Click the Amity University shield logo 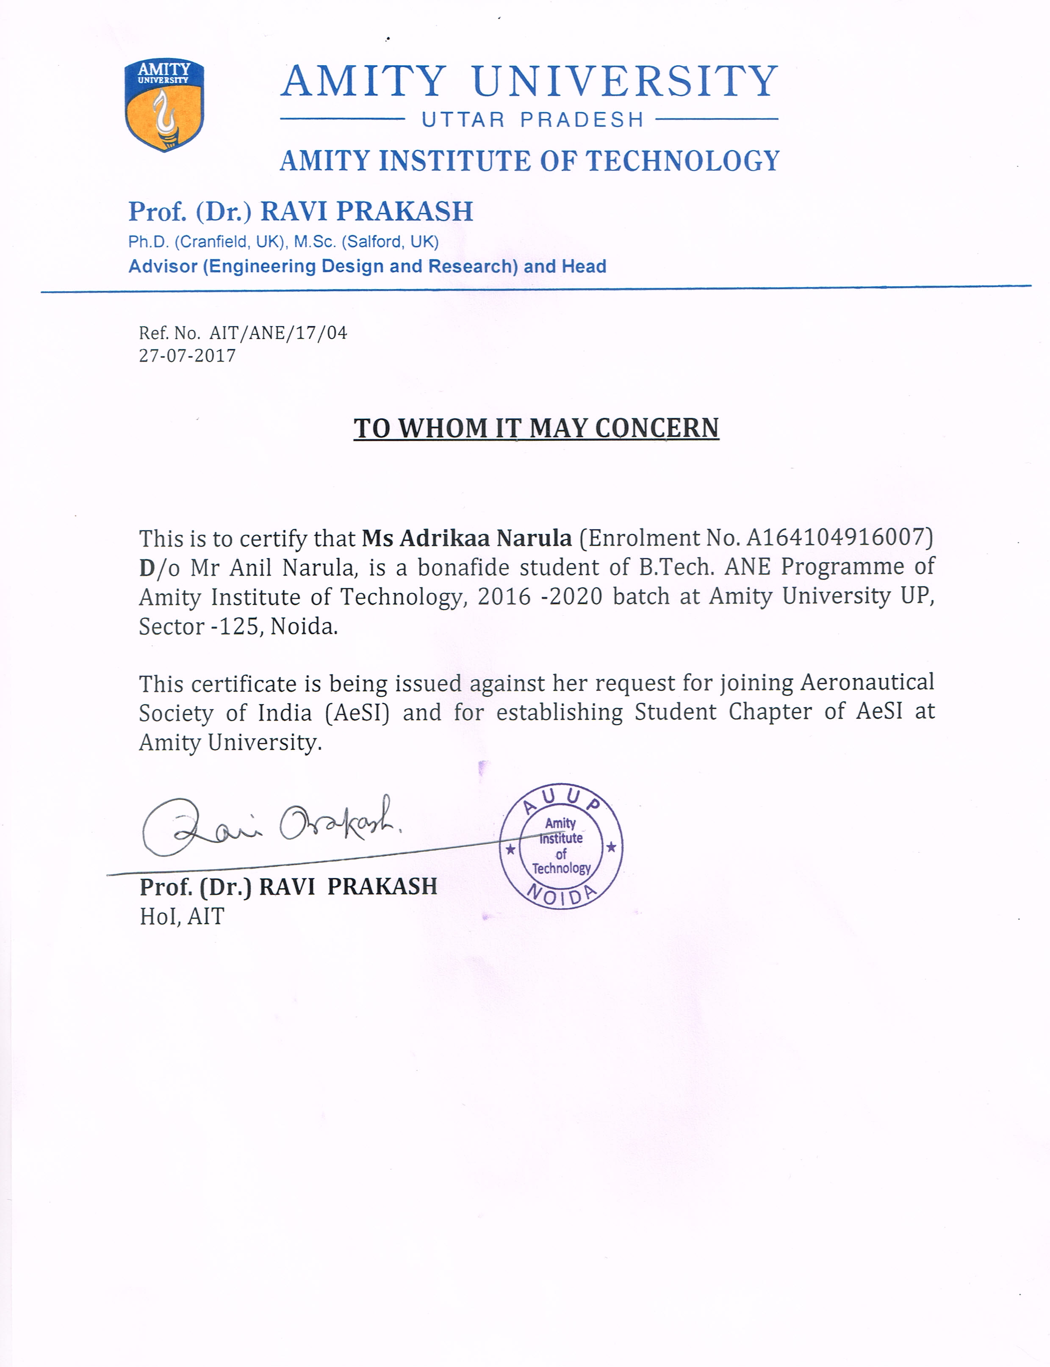point(164,105)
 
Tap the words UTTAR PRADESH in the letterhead point(532,119)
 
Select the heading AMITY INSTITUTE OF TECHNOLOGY point(529,161)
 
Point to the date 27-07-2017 point(188,356)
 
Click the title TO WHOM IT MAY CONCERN point(536,428)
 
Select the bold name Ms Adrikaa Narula point(466,538)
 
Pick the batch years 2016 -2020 point(540,597)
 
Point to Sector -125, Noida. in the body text point(238,626)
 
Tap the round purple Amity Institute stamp point(561,846)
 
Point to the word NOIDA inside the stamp point(561,895)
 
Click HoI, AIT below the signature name point(182,917)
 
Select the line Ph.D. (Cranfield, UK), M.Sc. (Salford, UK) point(284,242)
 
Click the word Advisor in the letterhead point(163,267)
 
